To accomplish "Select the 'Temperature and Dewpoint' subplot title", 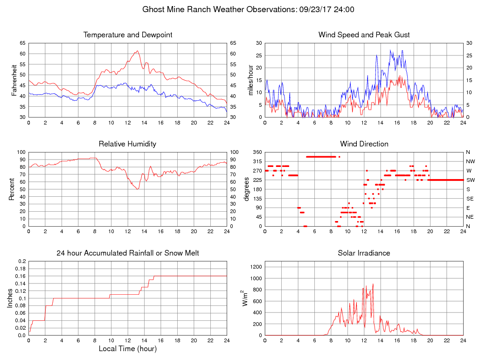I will click(x=128, y=35).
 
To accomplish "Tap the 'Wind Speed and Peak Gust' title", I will click(x=364, y=35).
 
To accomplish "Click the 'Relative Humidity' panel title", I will click(x=128, y=144).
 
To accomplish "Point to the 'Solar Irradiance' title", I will click(x=364, y=253).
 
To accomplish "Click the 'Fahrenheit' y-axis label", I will click(x=14, y=80).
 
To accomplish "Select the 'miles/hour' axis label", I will click(x=251, y=80).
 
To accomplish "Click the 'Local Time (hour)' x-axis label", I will click(x=128, y=348).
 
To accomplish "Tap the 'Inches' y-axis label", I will click(x=10, y=298).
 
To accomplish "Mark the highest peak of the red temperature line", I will click(x=137, y=51).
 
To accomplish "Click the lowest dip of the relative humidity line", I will click(x=137, y=189).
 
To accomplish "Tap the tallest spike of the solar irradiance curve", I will click(x=373, y=284).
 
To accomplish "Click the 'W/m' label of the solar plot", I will click(x=245, y=298).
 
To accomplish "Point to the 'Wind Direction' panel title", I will click(x=364, y=144).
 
